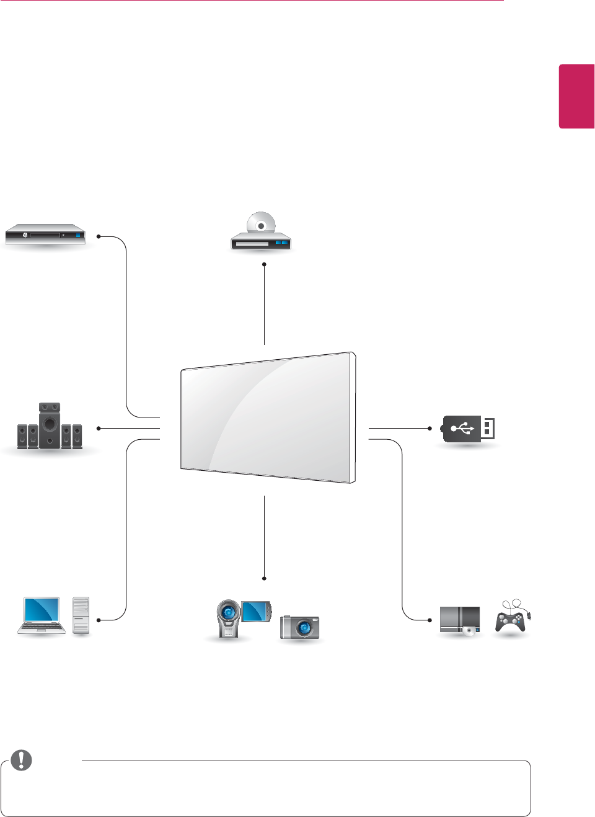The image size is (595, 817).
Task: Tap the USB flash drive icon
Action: click(x=469, y=429)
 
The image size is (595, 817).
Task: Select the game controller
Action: click(x=511, y=619)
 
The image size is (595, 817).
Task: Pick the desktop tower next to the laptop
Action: click(x=81, y=615)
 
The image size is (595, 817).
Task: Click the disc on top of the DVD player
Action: click(x=261, y=223)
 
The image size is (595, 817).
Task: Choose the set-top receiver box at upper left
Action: click(x=45, y=234)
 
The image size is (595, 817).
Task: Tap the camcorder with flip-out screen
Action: click(x=243, y=617)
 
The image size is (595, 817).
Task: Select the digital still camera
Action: click(x=301, y=627)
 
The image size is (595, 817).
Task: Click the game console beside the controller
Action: click(x=460, y=620)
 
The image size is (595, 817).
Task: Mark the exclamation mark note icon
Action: click(x=22, y=760)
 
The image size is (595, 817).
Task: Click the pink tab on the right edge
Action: click(x=576, y=96)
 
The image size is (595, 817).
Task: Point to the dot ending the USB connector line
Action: click(x=430, y=428)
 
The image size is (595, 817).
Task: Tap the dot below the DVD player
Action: click(x=264, y=264)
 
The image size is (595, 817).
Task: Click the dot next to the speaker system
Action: click(x=99, y=428)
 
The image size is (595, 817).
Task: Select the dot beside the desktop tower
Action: click(x=99, y=620)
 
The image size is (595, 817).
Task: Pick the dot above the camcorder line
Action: click(x=264, y=578)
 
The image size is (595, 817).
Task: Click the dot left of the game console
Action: click(x=430, y=620)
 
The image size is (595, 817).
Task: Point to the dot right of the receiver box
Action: click(x=99, y=236)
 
